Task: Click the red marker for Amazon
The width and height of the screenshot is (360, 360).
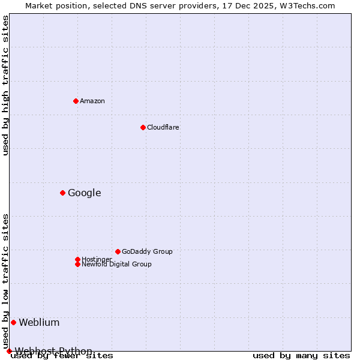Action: [x=76, y=101]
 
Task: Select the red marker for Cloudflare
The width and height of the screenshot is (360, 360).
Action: [x=143, y=127]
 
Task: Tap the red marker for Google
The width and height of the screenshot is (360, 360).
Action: [x=62, y=193]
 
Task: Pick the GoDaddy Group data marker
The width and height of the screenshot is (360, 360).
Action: [x=118, y=251]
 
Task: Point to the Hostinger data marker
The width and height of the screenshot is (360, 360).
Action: [x=77, y=259]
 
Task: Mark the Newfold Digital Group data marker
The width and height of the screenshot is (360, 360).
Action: [x=77, y=264]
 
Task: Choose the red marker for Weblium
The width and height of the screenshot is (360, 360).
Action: [x=13, y=322]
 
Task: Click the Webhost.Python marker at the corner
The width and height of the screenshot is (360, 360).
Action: [x=9, y=351]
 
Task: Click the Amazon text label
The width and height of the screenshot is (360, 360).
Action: [x=92, y=101]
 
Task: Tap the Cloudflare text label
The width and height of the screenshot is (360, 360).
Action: [x=163, y=127]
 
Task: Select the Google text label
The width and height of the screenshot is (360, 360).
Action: [x=84, y=193]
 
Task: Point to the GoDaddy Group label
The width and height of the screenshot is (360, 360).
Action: [x=147, y=251]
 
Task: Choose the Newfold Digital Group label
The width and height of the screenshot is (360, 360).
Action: [x=116, y=264]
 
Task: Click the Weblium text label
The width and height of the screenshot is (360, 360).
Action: [x=39, y=322]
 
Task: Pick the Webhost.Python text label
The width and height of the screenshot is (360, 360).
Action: [x=53, y=351]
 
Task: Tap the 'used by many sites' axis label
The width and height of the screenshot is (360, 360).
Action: [x=301, y=356]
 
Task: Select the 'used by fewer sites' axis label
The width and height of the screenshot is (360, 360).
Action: [x=62, y=356]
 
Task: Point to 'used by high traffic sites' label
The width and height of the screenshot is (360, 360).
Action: [x=6, y=85]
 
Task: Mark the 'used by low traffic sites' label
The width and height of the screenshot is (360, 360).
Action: [x=6, y=281]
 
